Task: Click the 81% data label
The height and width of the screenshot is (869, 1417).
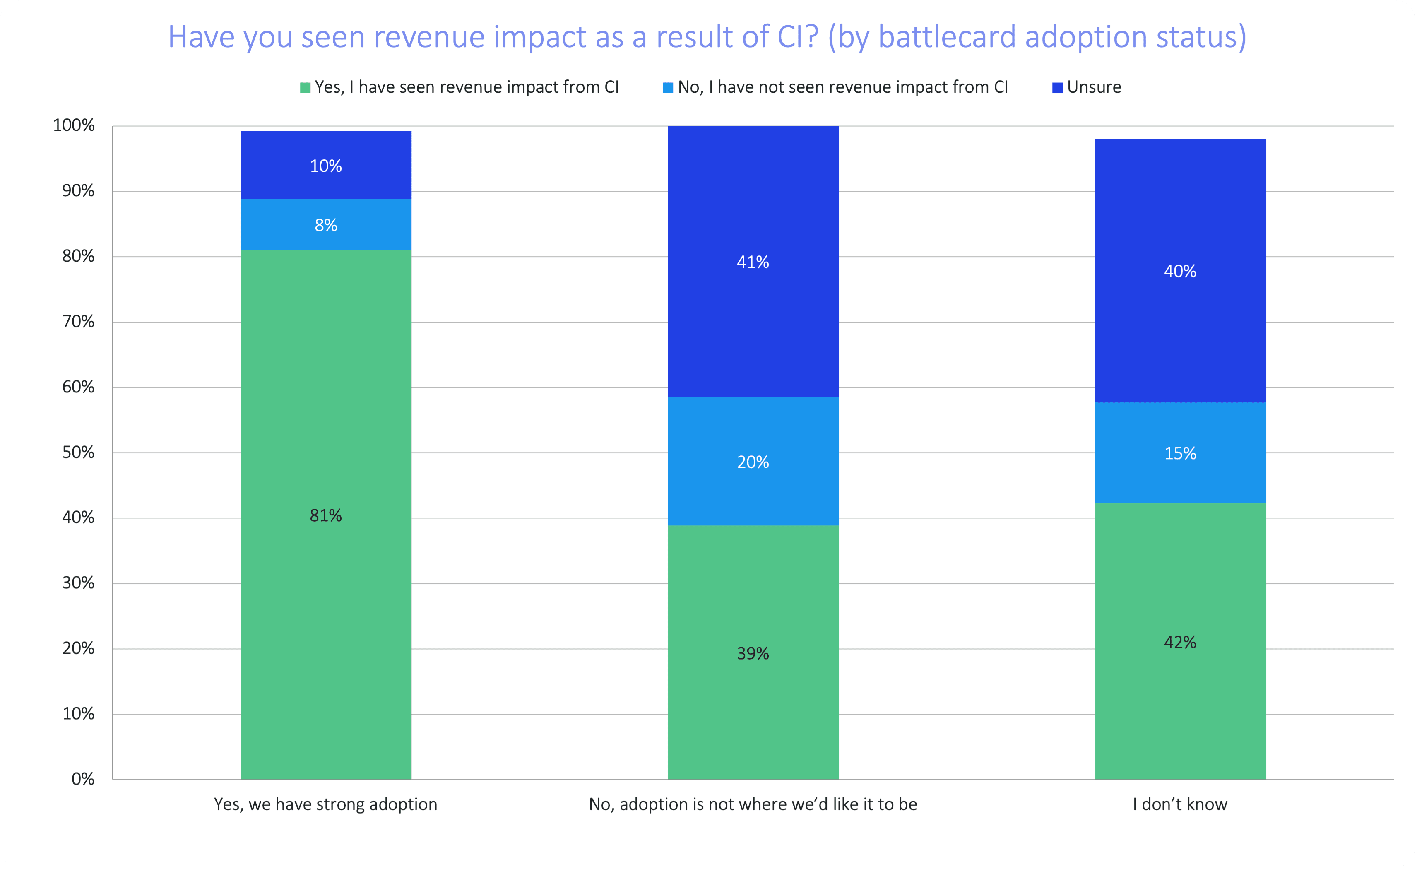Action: point(325,515)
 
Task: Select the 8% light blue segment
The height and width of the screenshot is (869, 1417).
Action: point(325,224)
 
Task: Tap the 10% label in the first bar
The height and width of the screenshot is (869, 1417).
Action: point(325,166)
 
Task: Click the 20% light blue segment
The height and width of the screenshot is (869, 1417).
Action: point(753,461)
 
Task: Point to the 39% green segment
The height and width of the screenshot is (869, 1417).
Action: point(753,653)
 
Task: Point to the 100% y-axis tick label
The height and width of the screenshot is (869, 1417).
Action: point(74,125)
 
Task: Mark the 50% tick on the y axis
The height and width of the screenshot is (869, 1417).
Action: point(78,453)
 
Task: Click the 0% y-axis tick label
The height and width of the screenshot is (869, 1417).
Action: point(83,779)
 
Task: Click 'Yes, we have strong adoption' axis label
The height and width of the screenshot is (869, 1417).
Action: point(325,804)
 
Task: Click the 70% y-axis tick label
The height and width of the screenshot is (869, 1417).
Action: point(78,322)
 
